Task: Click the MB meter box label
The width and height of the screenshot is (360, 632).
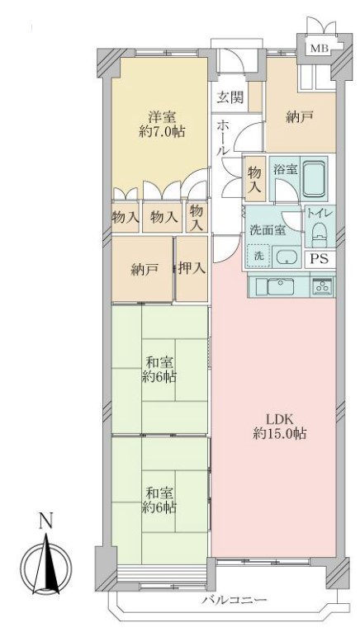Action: [x=319, y=50]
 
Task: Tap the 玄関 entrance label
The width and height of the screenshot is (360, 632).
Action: [x=231, y=97]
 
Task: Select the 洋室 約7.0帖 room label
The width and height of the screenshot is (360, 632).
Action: [x=162, y=125]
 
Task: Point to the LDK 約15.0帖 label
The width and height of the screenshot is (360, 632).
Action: [x=280, y=426]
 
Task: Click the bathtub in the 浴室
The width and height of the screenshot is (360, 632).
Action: [x=314, y=179]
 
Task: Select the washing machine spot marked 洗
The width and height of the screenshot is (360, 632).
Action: [x=258, y=256]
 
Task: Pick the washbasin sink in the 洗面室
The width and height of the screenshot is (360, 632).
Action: [x=287, y=257]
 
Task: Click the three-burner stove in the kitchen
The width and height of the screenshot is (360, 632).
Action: [x=322, y=285]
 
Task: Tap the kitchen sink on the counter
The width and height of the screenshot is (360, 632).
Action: [x=280, y=286]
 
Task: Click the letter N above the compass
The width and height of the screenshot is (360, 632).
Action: [x=46, y=521]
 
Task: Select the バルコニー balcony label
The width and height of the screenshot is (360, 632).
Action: [x=234, y=601]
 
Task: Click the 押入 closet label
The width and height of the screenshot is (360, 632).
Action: [x=192, y=268]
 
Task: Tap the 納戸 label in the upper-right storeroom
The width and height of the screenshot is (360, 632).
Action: [x=300, y=117]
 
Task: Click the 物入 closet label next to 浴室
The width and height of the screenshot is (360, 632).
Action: [x=255, y=179]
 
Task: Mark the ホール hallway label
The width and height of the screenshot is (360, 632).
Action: [x=222, y=138]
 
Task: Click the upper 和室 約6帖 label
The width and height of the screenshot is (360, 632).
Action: [x=159, y=370]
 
